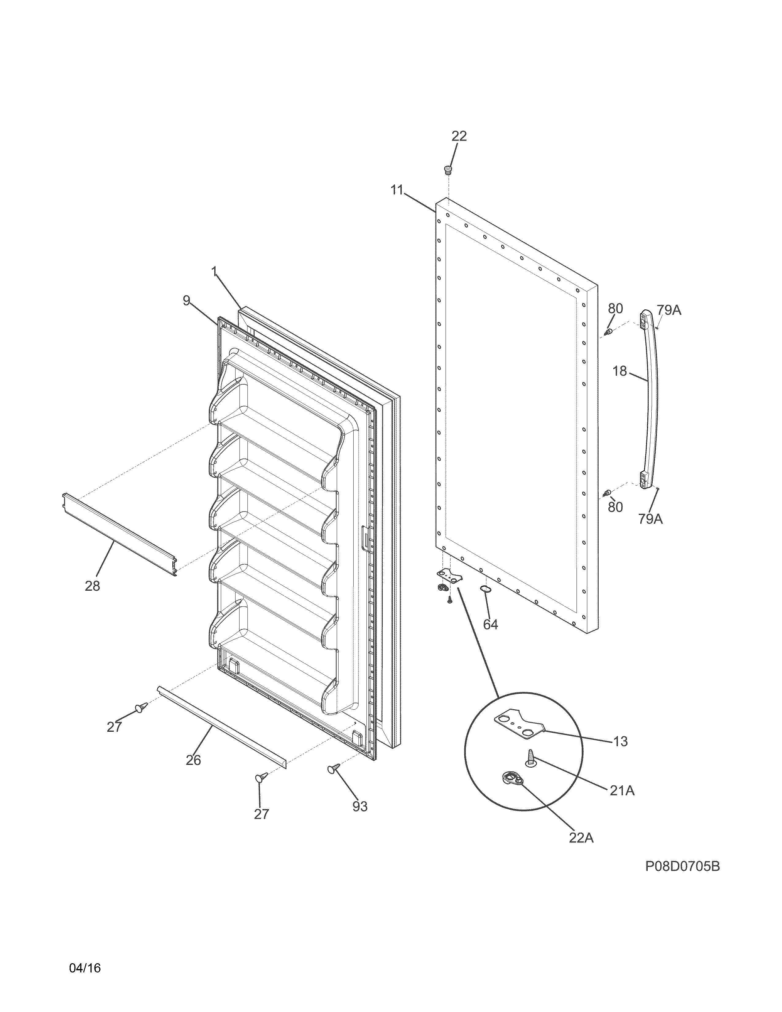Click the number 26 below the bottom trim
pos(193,760)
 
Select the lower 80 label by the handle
pos(615,508)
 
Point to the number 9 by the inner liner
pos(186,301)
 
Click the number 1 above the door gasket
pos(214,272)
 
